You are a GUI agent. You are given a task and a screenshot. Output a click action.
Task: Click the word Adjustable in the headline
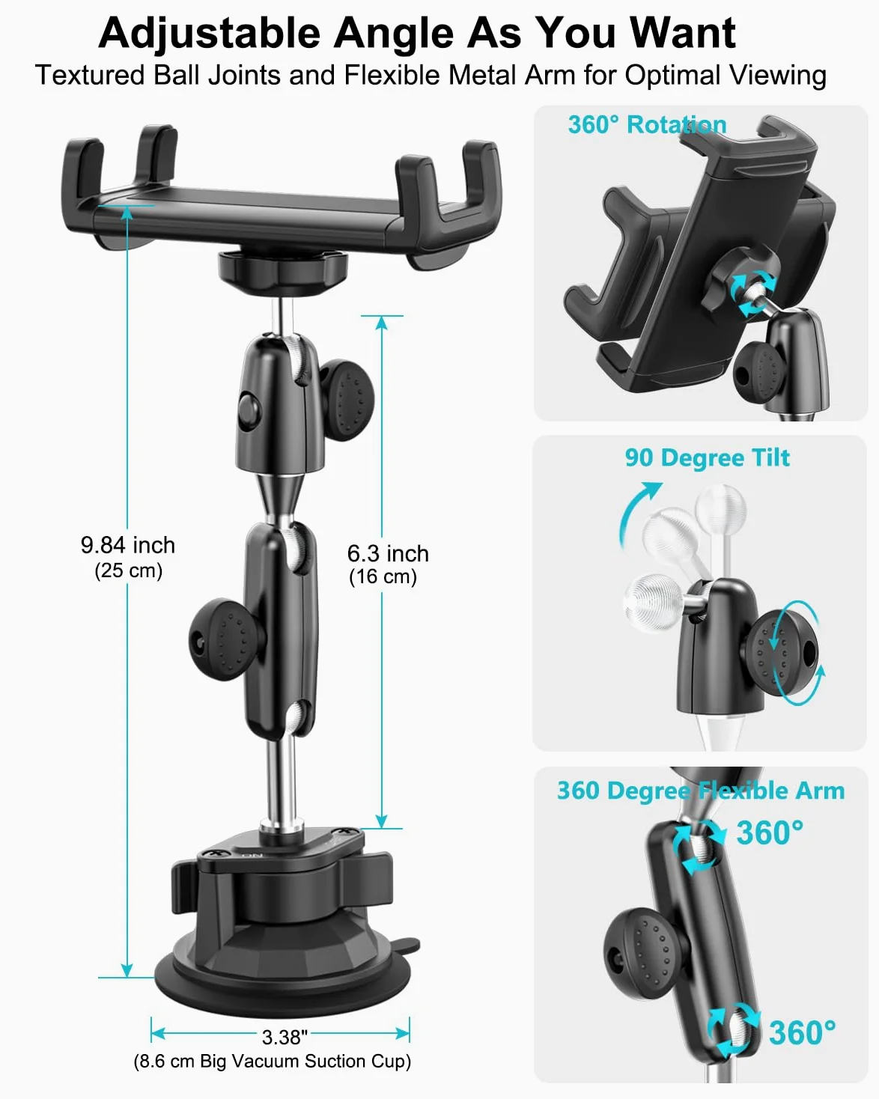[x=210, y=34]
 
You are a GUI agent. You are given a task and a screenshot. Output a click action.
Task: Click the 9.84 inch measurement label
[x=128, y=545]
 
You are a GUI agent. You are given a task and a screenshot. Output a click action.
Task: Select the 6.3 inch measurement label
[x=388, y=553]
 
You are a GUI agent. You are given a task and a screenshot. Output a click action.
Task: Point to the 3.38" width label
[x=285, y=1037]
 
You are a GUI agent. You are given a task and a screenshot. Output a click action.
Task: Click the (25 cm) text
[x=128, y=570]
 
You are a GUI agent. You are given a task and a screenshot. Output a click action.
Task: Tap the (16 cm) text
[x=383, y=576]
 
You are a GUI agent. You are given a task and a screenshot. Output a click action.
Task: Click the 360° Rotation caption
[x=647, y=124]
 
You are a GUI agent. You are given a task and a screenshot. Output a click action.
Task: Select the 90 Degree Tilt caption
[x=708, y=457]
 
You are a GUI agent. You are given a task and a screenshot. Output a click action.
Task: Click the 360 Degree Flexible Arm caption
[x=701, y=791]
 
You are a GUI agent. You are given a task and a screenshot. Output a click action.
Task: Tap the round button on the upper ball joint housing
[x=249, y=410]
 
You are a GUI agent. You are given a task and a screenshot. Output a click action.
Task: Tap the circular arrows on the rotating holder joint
[x=752, y=295]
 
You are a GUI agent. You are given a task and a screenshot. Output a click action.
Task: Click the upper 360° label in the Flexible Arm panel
[x=770, y=833]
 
